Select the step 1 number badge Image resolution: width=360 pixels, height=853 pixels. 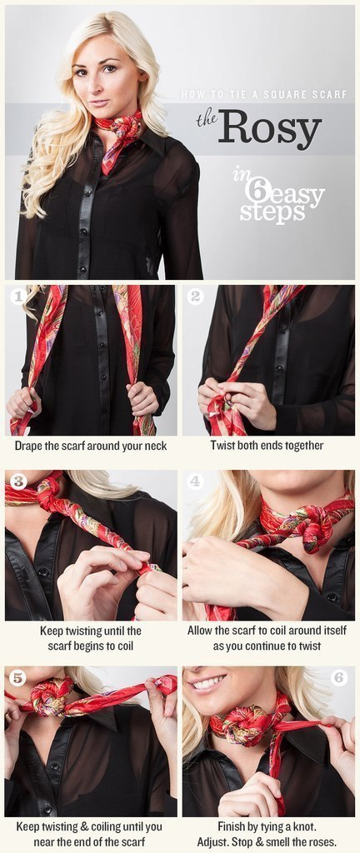18,297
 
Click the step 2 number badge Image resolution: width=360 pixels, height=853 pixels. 195,297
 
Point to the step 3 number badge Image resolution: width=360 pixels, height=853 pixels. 18,481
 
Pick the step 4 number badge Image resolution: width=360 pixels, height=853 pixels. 195,481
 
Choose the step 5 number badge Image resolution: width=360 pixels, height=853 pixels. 18,678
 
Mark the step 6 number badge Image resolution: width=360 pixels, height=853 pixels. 339,678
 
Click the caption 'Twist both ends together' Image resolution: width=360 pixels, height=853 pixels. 267,446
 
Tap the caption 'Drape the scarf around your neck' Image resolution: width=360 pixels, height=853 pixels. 91,446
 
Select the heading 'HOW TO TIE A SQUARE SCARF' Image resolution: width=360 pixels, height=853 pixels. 263,95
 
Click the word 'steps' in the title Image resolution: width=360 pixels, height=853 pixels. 265,212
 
